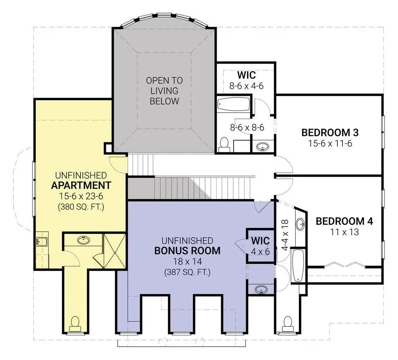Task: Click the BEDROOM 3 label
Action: pyautogui.click(x=330, y=132)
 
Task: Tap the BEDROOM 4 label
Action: pyautogui.click(x=344, y=221)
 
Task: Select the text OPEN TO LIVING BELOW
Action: pyautogui.click(x=162, y=91)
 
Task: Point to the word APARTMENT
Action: pyautogui.click(x=81, y=185)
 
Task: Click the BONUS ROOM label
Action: pyautogui.click(x=187, y=250)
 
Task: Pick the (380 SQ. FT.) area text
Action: pyautogui.click(x=81, y=207)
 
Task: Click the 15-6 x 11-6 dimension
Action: pyautogui.click(x=330, y=143)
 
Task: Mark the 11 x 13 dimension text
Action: pyautogui.click(x=344, y=232)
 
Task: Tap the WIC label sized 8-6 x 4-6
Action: pyautogui.click(x=246, y=75)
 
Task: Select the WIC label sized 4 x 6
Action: pyautogui.click(x=260, y=241)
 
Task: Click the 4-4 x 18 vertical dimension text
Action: pyautogui.click(x=284, y=235)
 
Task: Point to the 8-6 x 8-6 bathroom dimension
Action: pyautogui.click(x=247, y=127)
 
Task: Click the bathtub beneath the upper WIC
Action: pyautogui.click(x=234, y=104)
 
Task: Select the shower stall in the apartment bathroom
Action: pyautogui.click(x=114, y=250)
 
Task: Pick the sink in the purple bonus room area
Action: pyautogui.click(x=261, y=290)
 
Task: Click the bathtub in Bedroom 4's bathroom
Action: pyautogui.click(x=298, y=266)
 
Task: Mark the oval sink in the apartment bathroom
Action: pyautogui.click(x=84, y=240)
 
